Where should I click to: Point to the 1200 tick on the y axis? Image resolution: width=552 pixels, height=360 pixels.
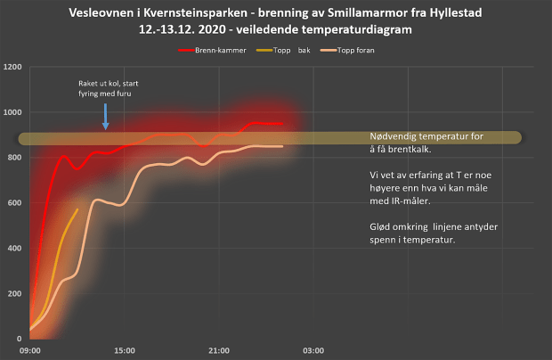(12, 68)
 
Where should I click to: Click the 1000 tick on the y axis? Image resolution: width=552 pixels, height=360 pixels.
(12, 113)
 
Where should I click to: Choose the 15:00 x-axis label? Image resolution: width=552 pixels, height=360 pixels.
(124, 350)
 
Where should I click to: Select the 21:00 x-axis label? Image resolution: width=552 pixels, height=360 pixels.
(218, 350)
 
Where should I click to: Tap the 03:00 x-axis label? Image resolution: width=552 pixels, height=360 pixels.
(313, 350)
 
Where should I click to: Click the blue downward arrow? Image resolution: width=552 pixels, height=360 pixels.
(105, 117)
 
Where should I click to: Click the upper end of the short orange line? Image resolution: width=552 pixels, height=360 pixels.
(78, 209)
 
